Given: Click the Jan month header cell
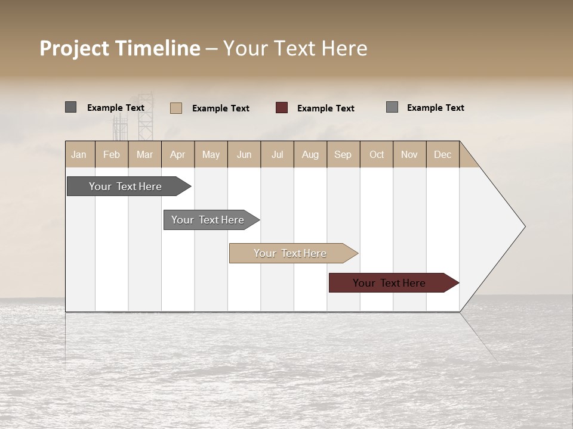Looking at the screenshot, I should (79, 154).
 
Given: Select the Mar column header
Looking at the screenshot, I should (144, 154).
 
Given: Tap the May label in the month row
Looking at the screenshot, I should (211, 154).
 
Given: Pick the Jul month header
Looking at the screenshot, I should (277, 154).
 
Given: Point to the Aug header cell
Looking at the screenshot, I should (310, 154).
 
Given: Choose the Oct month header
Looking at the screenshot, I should (377, 154).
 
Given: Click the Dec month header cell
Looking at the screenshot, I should (442, 154).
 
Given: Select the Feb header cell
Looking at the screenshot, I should (112, 154).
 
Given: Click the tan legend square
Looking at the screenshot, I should (176, 108).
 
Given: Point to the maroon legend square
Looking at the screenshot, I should (282, 108).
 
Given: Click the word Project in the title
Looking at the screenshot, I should (75, 48).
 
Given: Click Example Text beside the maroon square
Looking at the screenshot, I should (326, 108).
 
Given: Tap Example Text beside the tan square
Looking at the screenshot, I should (221, 108).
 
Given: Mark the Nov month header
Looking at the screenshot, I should (409, 154).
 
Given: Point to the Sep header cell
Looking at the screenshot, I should (343, 154).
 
